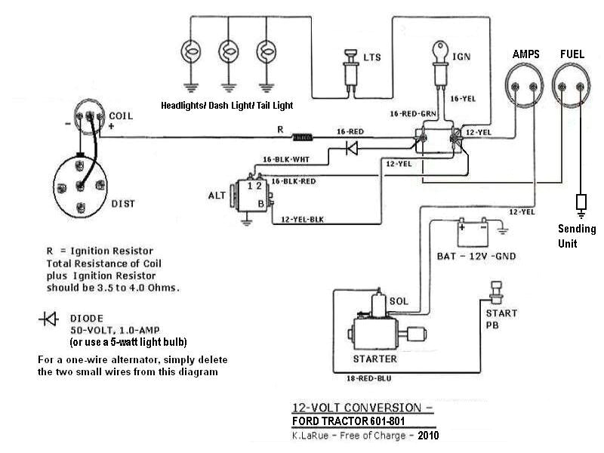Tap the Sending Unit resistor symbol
(x=581, y=202)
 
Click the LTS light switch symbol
(x=350, y=66)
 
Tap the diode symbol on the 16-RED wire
(x=351, y=148)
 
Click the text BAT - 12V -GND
(x=476, y=256)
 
